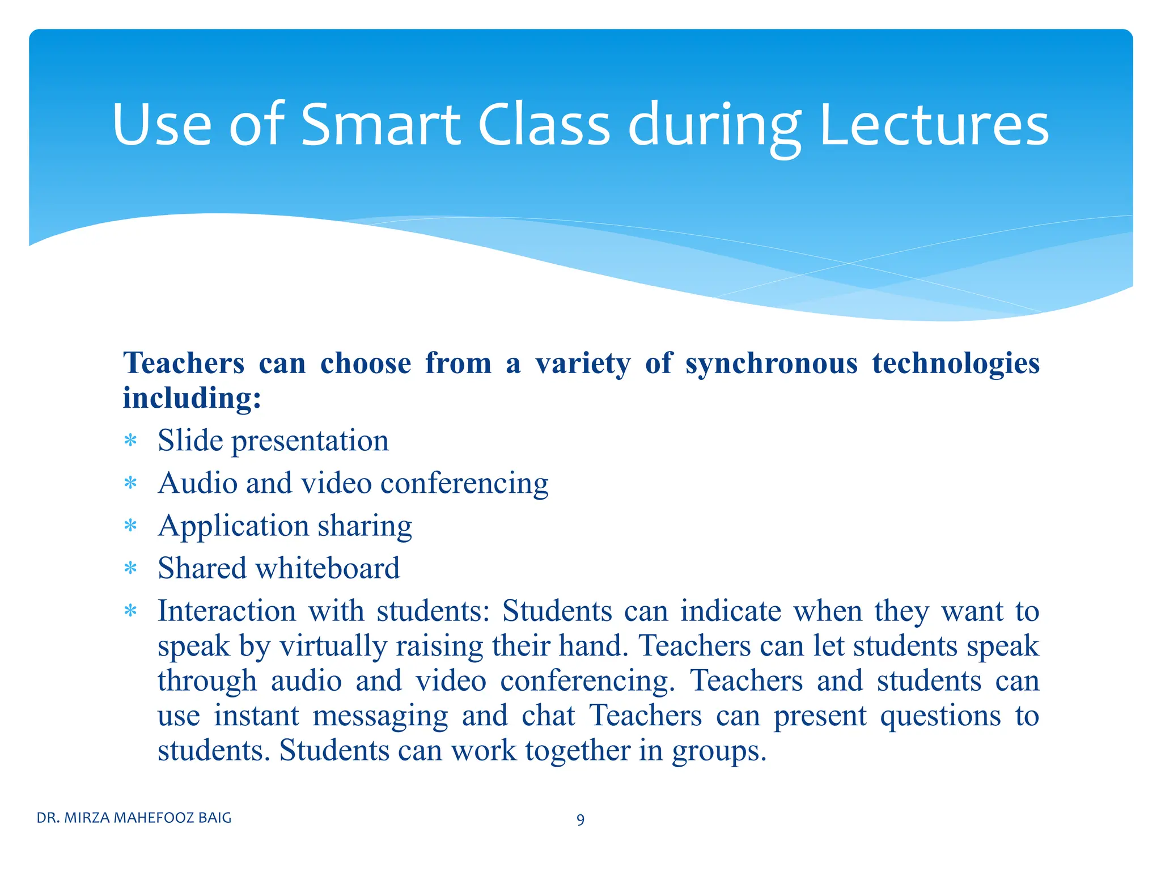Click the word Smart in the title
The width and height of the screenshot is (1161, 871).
380,124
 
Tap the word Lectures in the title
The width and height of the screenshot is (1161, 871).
934,124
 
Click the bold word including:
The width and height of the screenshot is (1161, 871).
192,398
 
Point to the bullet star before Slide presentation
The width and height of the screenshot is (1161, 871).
131,441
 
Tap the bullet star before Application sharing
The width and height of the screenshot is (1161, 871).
131,526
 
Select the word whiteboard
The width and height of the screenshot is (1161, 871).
328,568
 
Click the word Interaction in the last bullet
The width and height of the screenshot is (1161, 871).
227,611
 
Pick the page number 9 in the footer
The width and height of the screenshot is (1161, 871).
580,819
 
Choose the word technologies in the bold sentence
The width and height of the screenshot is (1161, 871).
956,364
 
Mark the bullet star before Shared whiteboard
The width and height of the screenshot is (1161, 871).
131,568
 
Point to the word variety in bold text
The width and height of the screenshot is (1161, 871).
583,364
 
